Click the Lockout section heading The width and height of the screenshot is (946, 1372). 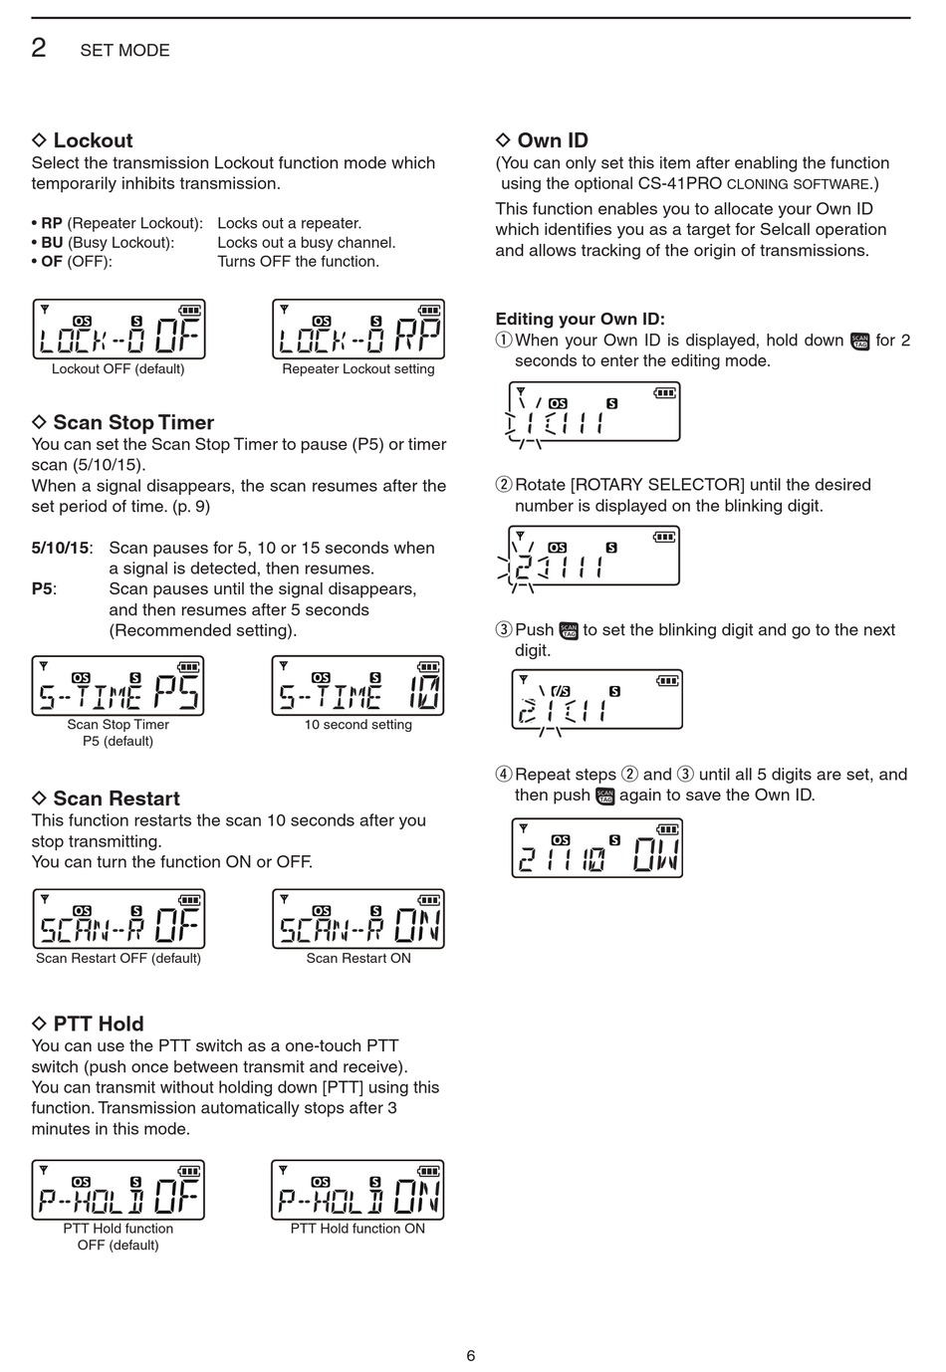92,140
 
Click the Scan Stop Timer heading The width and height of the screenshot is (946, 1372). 132,422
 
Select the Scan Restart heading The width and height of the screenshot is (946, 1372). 116,799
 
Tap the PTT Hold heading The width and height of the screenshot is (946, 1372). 98,1024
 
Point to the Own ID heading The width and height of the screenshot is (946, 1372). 552,140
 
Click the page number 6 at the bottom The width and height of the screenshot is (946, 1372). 471,1355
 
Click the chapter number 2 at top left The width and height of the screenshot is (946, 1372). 39,48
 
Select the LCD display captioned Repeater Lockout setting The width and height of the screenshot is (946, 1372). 358,330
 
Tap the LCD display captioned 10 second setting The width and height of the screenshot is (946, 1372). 357,686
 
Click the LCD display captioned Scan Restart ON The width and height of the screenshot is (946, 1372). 358,919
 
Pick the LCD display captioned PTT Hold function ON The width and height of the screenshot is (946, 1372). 357,1190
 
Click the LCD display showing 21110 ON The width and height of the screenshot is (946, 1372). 597,848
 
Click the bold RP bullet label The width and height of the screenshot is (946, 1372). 52,223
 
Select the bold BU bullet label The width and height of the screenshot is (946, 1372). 52,242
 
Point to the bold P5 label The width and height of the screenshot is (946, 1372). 42,588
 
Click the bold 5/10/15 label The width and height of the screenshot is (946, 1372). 61,548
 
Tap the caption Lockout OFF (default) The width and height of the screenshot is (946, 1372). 118,369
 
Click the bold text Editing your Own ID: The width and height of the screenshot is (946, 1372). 580,319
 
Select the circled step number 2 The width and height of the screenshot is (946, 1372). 504,485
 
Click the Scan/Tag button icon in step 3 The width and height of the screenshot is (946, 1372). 569,630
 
